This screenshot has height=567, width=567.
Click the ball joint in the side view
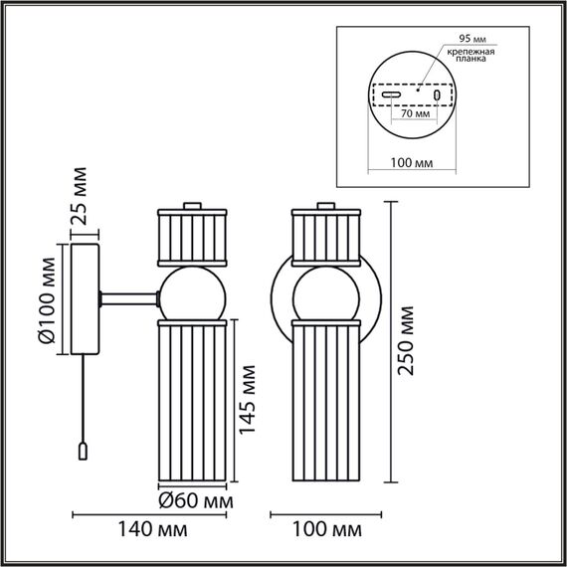pyautogui.click(x=194, y=295)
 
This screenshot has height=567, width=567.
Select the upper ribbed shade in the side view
pyautogui.click(x=194, y=235)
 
